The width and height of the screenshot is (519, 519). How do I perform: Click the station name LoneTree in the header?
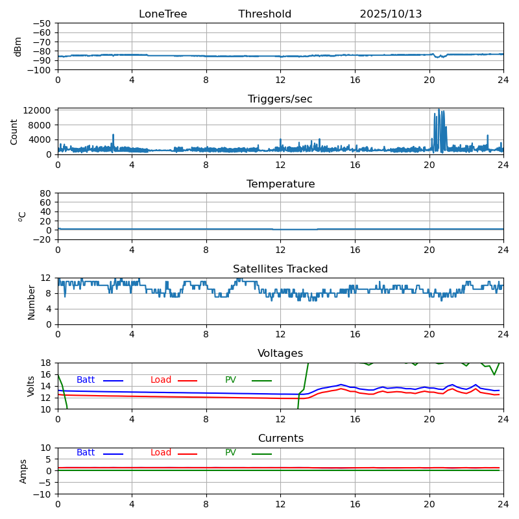pos(163,14)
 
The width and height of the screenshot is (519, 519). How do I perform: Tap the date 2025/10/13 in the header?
pos(391,14)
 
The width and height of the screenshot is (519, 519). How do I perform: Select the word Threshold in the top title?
pos(265,14)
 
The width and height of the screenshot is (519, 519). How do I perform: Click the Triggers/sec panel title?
pos(280,99)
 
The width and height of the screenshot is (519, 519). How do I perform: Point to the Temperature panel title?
pos(280,184)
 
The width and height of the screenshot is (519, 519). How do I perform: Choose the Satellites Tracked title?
pos(280,269)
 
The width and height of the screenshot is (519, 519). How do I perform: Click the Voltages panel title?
pos(280,354)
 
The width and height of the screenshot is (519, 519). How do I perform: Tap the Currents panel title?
pos(280,439)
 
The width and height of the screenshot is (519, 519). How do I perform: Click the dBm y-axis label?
pos(18,47)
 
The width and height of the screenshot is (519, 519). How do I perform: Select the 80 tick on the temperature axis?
pos(46,193)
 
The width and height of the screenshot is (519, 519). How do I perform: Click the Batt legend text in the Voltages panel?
pos(86,380)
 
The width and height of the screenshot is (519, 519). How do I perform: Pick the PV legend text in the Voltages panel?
pos(230,380)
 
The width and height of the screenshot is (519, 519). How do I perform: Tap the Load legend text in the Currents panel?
pos(161,453)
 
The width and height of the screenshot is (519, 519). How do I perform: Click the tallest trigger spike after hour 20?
pos(439,110)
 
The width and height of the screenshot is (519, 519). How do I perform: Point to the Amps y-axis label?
pos(23,471)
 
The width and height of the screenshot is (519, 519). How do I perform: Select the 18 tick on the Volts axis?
pos(46,363)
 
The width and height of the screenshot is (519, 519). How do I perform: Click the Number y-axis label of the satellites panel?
pos(31,302)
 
